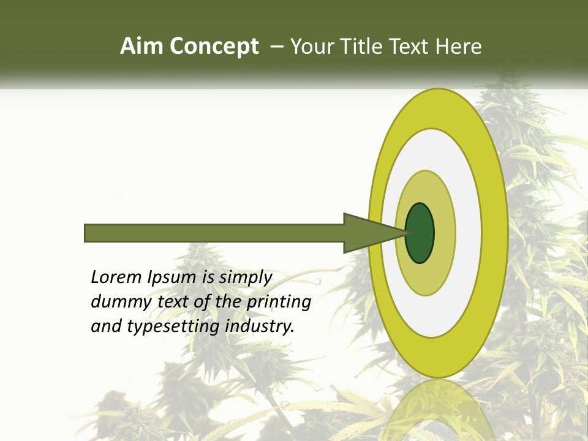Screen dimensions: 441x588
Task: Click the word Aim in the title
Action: point(143,47)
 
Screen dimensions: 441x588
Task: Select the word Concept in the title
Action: point(214,47)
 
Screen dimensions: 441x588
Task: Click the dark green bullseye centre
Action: point(420,233)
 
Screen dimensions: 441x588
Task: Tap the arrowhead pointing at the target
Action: point(367,233)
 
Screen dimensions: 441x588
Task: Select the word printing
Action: point(279,303)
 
